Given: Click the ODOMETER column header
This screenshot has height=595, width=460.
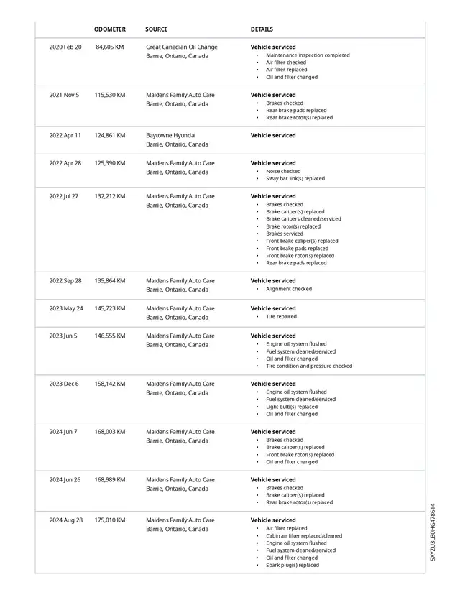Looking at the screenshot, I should click(x=110, y=29).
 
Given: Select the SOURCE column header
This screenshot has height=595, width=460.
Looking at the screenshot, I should click(x=157, y=29).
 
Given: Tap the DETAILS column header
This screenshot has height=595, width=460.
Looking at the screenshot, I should click(x=262, y=29).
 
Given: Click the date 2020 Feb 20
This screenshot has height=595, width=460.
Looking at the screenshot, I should click(x=65, y=47).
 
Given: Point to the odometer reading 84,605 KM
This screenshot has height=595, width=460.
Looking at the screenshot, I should click(x=110, y=47).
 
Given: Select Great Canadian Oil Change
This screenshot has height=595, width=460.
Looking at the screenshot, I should click(x=182, y=47).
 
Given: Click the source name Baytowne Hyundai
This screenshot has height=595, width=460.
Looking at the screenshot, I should click(x=171, y=135).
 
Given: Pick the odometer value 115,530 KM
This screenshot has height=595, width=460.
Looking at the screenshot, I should click(x=110, y=95).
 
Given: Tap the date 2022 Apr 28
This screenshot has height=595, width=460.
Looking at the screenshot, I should click(x=65, y=163).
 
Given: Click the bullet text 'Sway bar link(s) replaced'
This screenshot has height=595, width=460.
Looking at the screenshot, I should click(x=295, y=179).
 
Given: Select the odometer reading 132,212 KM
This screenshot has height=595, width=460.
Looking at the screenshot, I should click(x=110, y=196).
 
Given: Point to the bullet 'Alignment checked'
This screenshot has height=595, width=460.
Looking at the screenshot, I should click(x=289, y=289).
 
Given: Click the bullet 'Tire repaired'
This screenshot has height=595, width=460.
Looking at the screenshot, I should click(x=281, y=317).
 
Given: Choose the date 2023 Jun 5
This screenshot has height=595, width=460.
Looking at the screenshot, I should click(x=63, y=336).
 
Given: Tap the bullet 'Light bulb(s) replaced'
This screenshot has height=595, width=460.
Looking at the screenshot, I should click(x=292, y=407).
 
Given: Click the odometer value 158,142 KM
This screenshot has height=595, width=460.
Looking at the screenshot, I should click(x=110, y=384).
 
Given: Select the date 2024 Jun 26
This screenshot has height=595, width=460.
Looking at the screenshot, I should click(x=65, y=479).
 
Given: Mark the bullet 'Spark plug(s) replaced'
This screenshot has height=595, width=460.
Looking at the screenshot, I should click(x=293, y=566).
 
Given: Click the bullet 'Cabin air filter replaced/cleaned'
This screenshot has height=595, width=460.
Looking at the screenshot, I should click(x=304, y=536).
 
